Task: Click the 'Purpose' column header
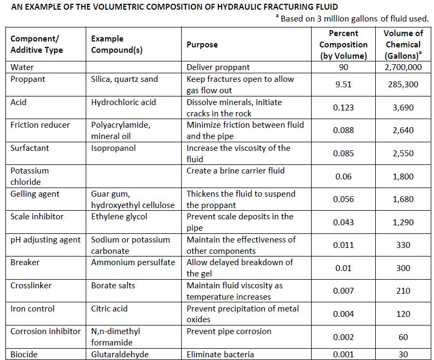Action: pos(202,45)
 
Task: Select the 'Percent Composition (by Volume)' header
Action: pos(343,45)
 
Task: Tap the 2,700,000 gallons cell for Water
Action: pos(403,67)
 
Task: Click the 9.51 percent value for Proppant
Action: pos(343,85)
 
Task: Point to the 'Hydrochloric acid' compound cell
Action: pos(123,102)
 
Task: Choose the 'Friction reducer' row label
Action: pos(40,125)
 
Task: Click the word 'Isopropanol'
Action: pos(113,148)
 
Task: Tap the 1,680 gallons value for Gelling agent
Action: pos(403,199)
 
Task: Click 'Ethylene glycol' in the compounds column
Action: pos(119,217)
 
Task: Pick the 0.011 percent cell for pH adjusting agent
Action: pos(343,245)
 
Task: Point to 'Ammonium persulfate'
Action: pos(133,262)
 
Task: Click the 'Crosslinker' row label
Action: pos(31,285)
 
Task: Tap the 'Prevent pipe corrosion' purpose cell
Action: pos(229,331)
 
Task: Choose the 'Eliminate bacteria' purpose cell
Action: pos(221,355)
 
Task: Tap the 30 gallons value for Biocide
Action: pos(403,355)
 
